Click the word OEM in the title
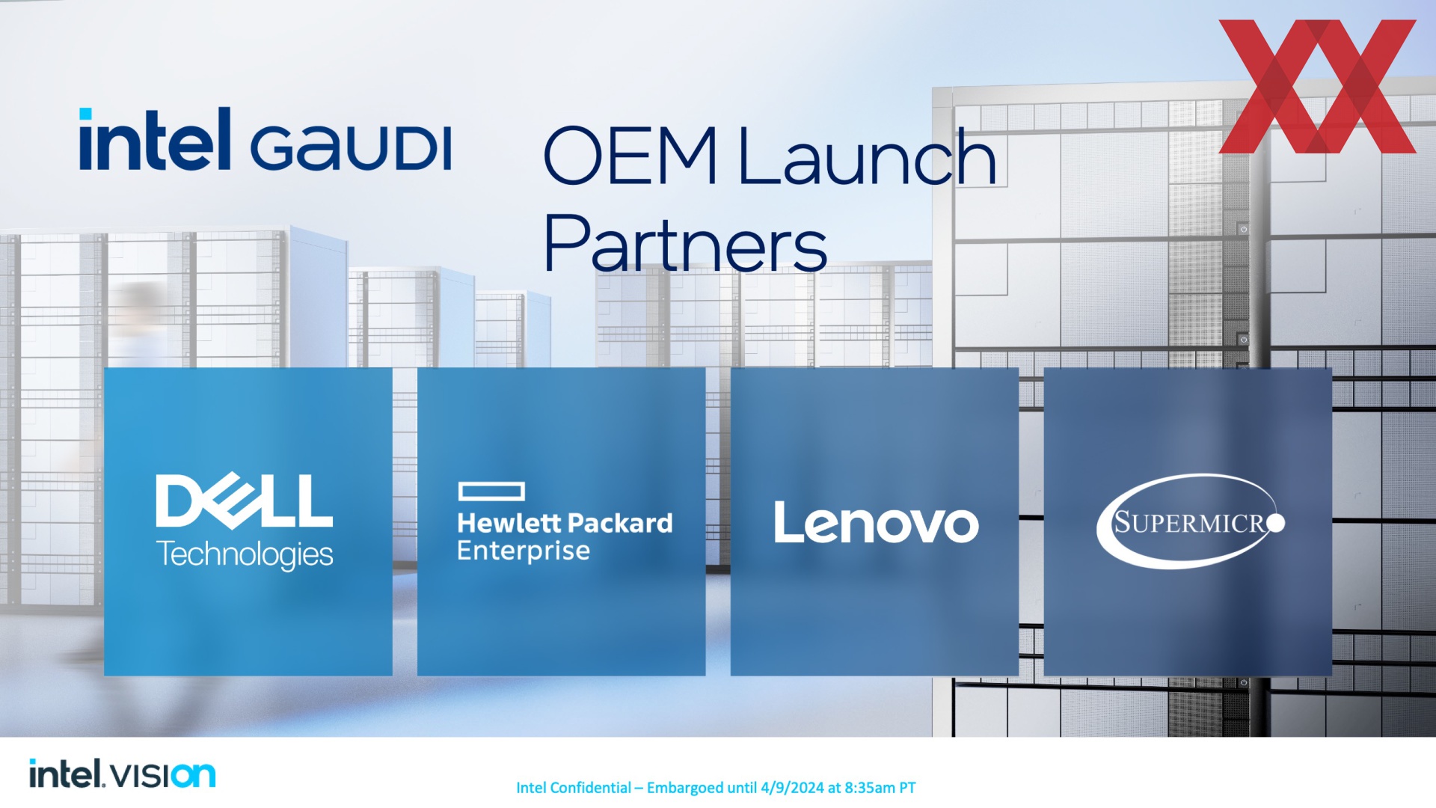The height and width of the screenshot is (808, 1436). pos(630,156)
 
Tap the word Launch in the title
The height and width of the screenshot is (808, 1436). pos(868,156)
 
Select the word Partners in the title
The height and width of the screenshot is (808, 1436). pos(685,242)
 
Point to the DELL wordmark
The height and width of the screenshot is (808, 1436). pos(244,500)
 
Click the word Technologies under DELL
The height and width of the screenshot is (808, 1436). pos(244,554)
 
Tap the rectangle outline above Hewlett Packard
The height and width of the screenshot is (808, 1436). pos(491,492)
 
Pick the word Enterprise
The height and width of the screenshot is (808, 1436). pos(524,551)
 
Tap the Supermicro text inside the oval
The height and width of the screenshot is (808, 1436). pos(1189,522)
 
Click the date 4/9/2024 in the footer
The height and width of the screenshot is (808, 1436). pos(792,788)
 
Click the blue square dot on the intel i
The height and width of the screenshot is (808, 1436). pos(85,114)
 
